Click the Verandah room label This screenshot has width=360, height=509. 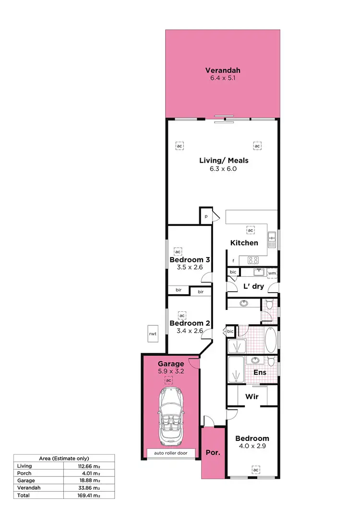click(223, 68)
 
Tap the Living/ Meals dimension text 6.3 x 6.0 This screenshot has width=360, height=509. click(223, 169)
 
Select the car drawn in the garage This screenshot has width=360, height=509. click(168, 415)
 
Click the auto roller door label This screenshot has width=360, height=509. click(168, 453)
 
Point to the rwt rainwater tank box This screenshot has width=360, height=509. click(153, 334)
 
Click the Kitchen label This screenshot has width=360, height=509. click(244, 243)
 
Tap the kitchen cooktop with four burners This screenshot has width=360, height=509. click(253, 260)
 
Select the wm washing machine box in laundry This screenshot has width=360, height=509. click(272, 273)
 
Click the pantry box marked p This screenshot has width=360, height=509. click(206, 216)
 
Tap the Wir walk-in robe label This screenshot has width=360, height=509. click(252, 397)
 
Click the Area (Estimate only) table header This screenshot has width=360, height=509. click(63, 459)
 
